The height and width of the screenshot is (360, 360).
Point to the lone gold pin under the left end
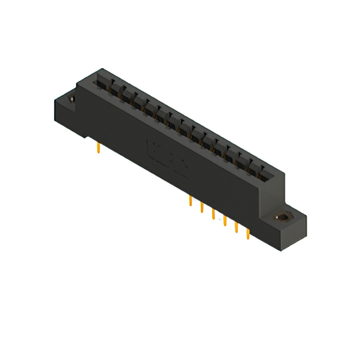tap(98, 148)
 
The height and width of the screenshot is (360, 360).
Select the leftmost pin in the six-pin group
tap(191, 201)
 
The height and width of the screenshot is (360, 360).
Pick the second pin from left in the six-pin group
tap(201, 208)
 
